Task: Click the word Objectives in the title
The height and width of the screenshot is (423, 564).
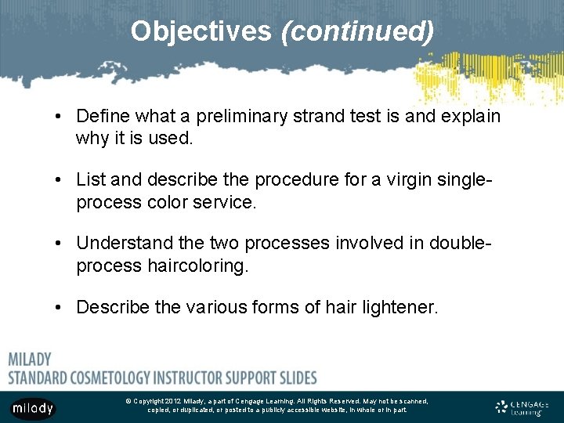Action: pyautogui.click(x=201, y=31)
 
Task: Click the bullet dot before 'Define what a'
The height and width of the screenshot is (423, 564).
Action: pyautogui.click(x=60, y=117)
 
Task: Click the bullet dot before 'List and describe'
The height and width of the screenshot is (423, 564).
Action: pyautogui.click(x=60, y=180)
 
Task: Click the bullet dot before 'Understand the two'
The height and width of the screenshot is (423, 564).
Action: pyautogui.click(x=60, y=244)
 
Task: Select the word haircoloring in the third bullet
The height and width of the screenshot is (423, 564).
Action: pyautogui.click(x=197, y=266)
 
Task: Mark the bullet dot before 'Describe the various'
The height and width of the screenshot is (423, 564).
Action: pyautogui.click(x=60, y=307)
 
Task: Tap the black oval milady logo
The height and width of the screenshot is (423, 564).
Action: pyautogui.click(x=33, y=408)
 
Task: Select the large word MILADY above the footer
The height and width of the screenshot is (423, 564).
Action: pyautogui.click(x=30, y=360)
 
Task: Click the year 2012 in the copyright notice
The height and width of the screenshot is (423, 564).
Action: pyautogui.click(x=172, y=401)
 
